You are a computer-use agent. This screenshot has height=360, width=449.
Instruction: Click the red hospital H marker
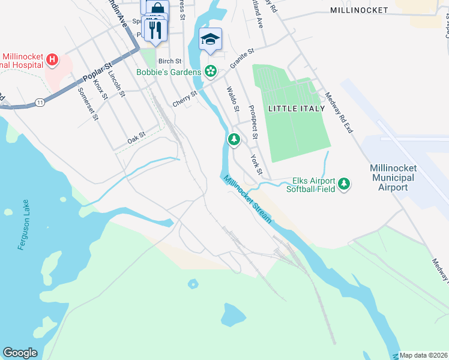click(52, 59)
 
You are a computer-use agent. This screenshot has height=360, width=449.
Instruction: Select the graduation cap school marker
click(210, 39)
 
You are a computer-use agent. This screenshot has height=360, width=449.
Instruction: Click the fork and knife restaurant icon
click(155, 29)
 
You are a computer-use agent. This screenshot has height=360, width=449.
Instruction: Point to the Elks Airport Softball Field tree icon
click(344, 183)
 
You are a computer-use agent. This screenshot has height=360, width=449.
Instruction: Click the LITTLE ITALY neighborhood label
click(296, 109)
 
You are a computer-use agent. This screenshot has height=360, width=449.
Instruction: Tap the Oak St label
click(136, 139)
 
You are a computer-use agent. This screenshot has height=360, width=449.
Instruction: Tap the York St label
click(256, 163)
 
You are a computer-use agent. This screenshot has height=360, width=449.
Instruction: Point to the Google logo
click(20, 353)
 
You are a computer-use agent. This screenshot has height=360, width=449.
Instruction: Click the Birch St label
click(170, 61)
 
